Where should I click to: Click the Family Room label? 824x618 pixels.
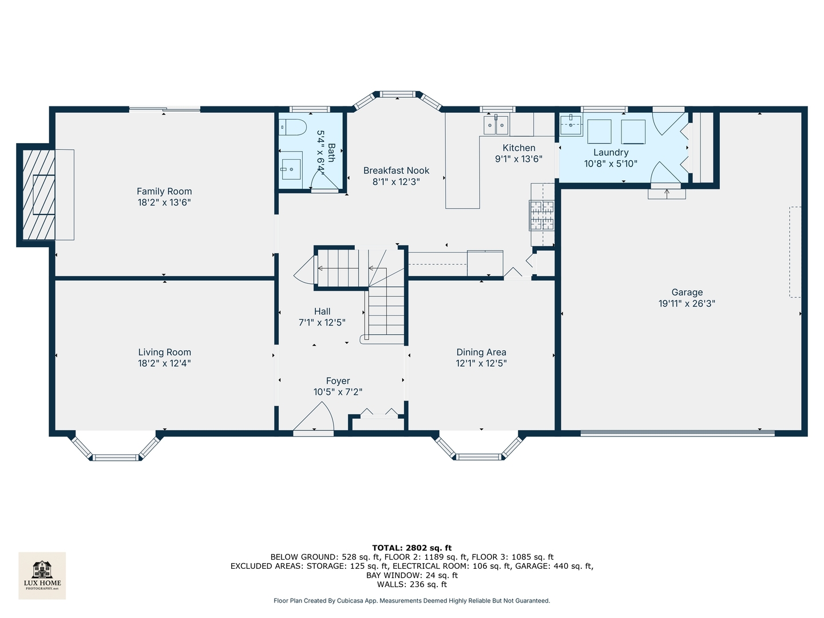tap(164, 191)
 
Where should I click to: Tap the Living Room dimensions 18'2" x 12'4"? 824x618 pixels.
tap(164, 363)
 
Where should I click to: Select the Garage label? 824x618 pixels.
tap(687, 292)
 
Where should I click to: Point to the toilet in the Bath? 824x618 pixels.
tap(292, 127)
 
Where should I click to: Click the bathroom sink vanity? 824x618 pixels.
tap(291, 166)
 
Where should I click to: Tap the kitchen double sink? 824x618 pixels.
tap(496, 125)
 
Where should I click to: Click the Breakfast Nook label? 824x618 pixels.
tap(396, 171)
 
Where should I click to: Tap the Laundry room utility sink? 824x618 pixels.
tap(571, 123)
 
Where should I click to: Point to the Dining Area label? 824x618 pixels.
tap(481, 352)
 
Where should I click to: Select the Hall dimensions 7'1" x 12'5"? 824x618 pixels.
tap(322, 323)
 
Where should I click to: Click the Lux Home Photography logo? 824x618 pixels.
tap(42, 575)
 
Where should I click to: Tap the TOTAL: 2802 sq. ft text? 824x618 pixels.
tap(412, 548)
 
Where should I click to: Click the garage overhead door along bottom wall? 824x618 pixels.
tap(678, 433)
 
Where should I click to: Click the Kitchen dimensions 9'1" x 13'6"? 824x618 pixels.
tap(518, 159)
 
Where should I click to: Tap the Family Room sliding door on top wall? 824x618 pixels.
tap(165, 109)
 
